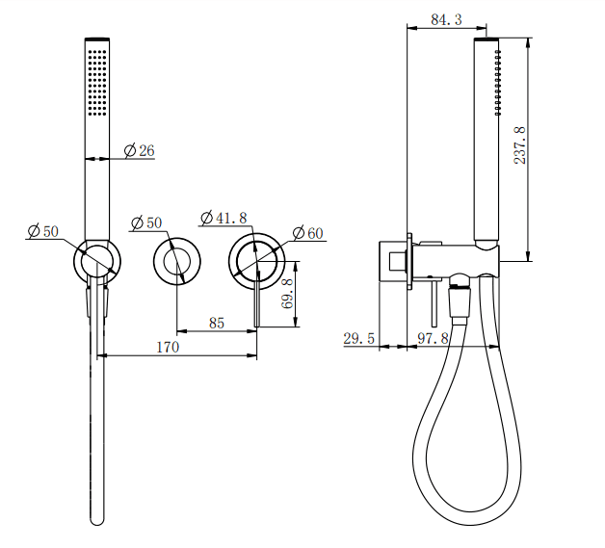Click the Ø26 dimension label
[140, 150]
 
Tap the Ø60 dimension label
[307, 232]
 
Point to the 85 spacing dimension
[216, 323]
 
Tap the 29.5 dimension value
[359, 338]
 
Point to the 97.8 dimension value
[433, 338]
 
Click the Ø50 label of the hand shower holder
[43, 230]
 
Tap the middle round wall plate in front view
[176, 262]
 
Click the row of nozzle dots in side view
[498, 82]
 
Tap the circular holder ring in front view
[97, 260]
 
